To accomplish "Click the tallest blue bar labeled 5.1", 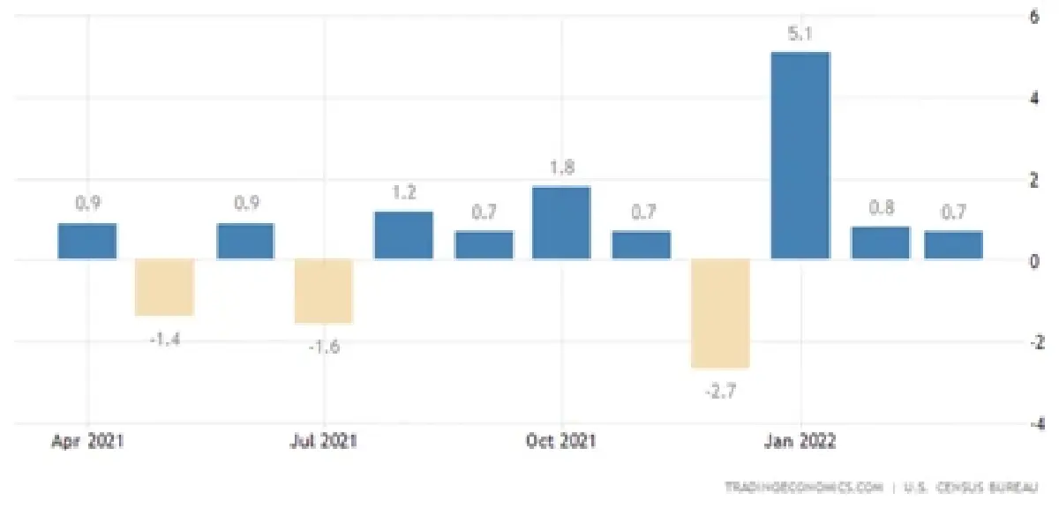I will (x=800, y=156).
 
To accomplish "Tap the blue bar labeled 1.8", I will (x=561, y=223).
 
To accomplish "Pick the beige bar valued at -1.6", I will (x=324, y=291).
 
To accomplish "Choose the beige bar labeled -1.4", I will (x=164, y=288).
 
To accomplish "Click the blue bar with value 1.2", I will (x=403, y=235).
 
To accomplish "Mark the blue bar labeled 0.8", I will (x=880, y=243).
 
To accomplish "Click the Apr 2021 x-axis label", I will (x=87, y=442).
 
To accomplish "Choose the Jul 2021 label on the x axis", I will (x=324, y=442).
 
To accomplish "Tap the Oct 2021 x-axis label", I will (x=561, y=442).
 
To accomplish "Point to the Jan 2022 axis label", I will (x=800, y=442).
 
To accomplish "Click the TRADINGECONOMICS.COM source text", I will (x=803, y=487).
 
